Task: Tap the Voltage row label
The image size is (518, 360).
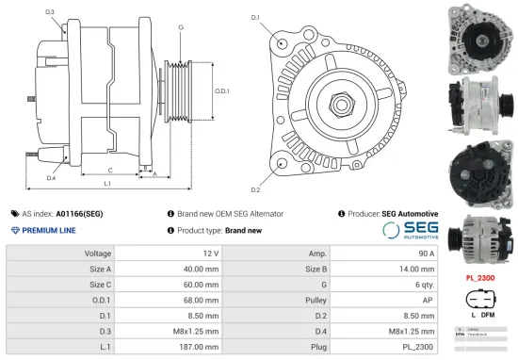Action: [99, 254]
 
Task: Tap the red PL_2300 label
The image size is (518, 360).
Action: [480, 279]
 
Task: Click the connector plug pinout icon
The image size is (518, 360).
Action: [479, 300]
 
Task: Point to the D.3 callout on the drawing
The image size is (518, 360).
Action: [49, 11]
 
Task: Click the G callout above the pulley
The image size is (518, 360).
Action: [181, 26]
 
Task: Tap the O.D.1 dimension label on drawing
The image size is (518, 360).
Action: [221, 90]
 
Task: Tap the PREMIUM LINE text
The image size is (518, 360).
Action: [49, 230]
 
